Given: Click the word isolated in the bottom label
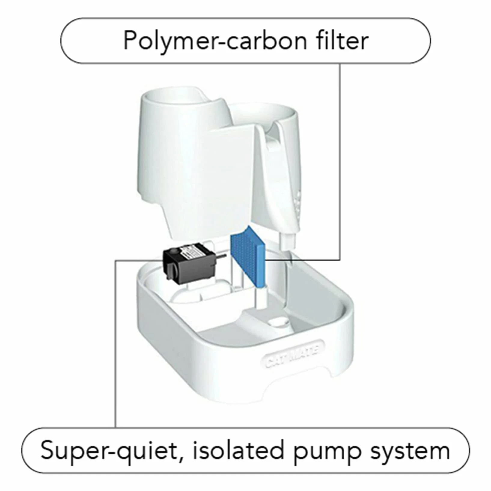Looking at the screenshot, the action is pos(239,450).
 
